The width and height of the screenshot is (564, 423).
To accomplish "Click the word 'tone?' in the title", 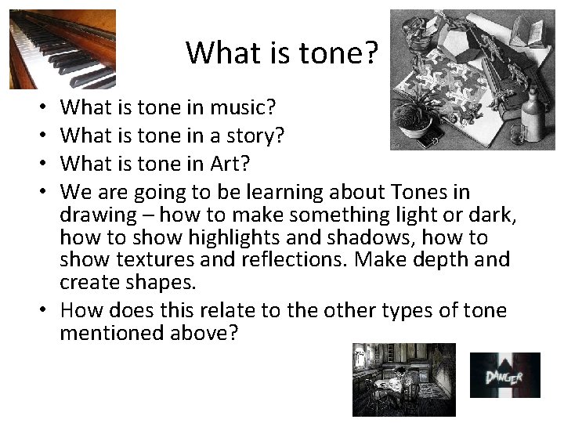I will (343, 53).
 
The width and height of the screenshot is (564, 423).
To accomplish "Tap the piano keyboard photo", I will (62, 49).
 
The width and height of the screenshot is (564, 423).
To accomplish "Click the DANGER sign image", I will (504, 374).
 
